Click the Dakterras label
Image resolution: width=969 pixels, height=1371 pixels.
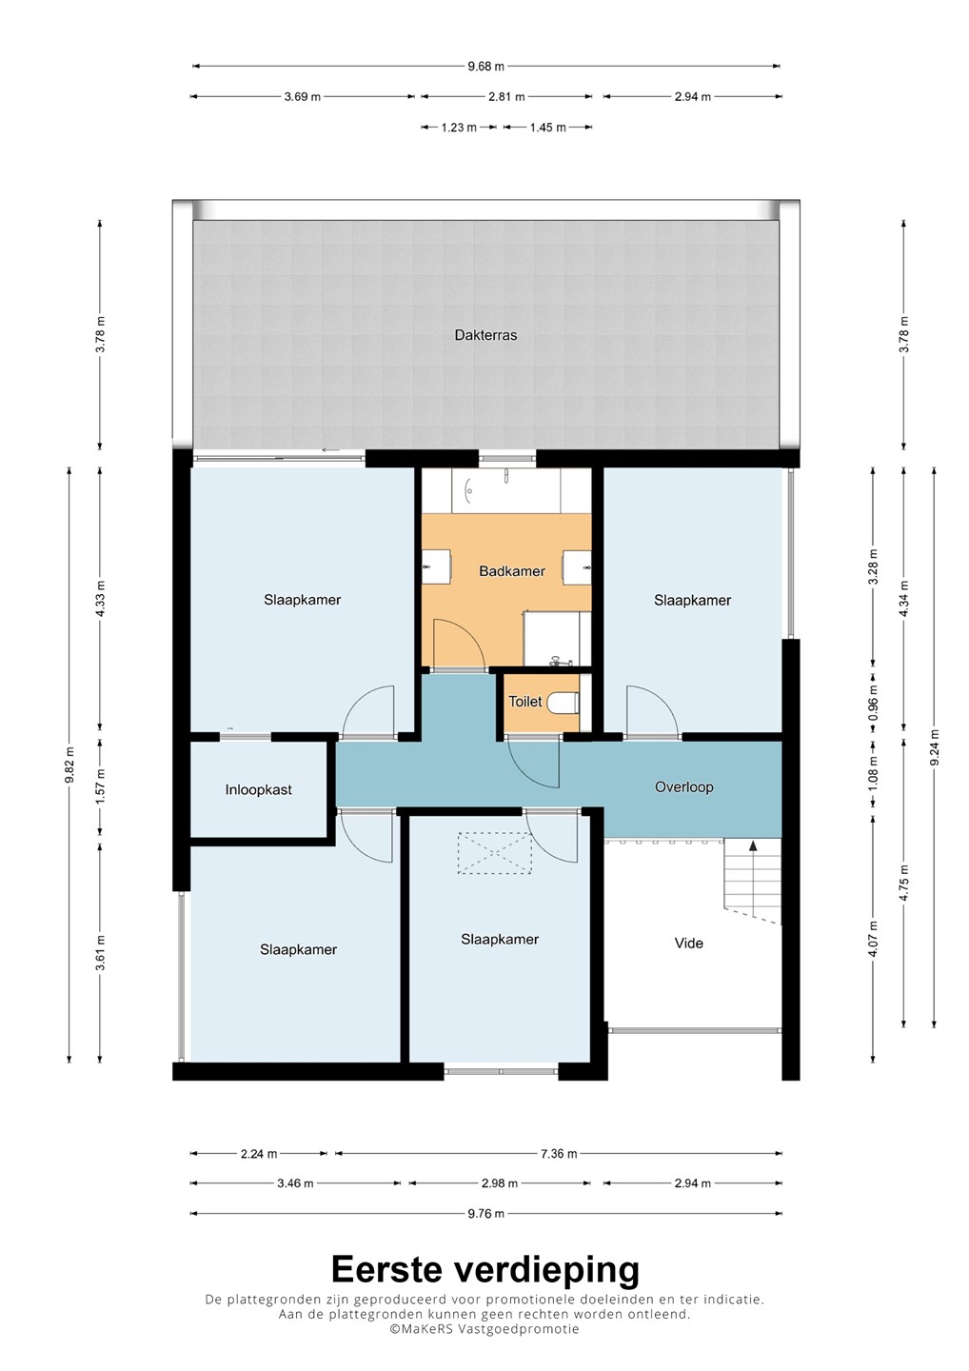(x=485, y=335)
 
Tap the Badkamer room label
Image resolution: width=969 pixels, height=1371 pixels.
(x=512, y=571)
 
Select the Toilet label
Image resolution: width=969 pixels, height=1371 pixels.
(x=525, y=702)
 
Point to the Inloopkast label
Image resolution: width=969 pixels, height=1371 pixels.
(x=258, y=789)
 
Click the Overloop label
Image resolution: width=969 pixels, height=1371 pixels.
(x=684, y=786)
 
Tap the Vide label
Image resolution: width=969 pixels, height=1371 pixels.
(x=689, y=944)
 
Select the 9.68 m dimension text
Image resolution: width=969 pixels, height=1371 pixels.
(x=486, y=66)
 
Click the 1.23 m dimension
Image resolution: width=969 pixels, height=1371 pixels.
(x=459, y=128)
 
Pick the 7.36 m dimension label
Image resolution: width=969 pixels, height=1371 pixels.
(x=559, y=1154)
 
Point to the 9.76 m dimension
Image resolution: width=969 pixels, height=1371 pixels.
(x=486, y=1213)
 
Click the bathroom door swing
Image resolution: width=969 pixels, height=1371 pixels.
(x=459, y=644)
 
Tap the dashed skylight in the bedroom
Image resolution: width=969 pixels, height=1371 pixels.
(x=495, y=853)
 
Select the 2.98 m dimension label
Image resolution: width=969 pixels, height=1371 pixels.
(x=500, y=1183)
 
